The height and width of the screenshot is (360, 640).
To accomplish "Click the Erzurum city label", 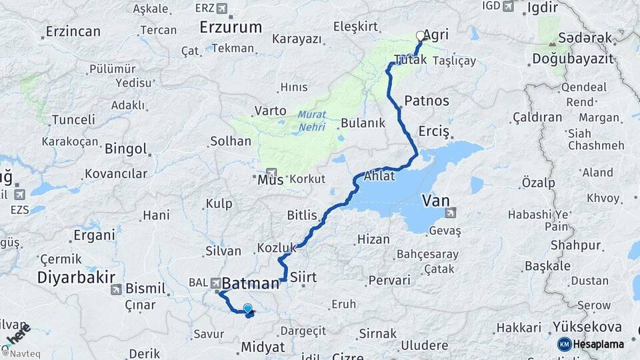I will (231, 27).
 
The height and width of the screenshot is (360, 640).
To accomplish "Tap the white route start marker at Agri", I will (420, 35).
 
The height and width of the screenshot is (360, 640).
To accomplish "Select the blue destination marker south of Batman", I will (248, 309).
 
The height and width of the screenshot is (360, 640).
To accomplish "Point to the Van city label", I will (435, 199).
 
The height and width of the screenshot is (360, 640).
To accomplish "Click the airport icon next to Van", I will (451, 213).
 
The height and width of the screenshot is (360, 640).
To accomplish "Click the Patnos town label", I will (427, 101).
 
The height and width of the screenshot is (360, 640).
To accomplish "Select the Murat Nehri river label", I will (312, 119).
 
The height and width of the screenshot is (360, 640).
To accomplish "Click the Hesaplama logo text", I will (599, 345).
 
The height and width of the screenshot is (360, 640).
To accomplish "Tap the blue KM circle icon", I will (565, 345).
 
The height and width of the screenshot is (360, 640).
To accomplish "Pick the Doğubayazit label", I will (572, 59).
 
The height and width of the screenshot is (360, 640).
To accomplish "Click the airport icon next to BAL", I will (217, 283).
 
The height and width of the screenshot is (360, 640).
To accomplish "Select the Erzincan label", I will (73, 31).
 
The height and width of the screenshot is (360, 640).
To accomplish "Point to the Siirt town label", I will (304, 276).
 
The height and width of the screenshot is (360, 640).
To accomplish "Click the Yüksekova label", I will (587, 327).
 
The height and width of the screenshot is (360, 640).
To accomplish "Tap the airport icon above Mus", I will (271, 172).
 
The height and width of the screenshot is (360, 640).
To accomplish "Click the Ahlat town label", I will (379, 177).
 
